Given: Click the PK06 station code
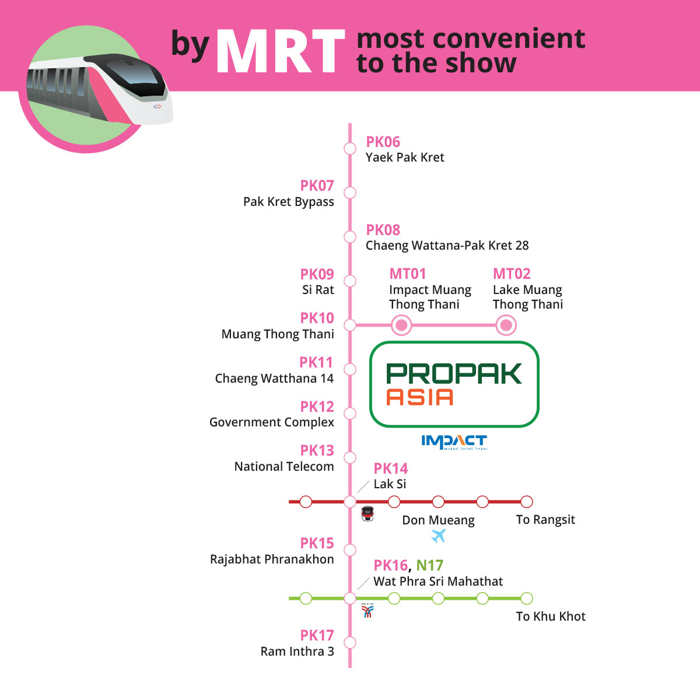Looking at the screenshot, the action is [383, 142].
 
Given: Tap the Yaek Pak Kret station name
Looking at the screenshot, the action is [405, 157].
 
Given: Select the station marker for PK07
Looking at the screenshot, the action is [350, 192].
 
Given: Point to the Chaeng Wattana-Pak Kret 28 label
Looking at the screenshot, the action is [447, 245].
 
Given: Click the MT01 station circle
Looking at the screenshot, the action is [401, 325].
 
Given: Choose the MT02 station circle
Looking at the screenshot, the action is [506, 325].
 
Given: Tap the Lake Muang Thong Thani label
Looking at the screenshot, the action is [528, 297].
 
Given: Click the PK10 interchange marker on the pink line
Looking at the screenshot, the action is [350, 325].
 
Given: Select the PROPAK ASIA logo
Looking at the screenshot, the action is [454, 384].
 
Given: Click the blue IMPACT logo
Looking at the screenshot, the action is [454, 442].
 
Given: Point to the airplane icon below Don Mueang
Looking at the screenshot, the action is [438, 536].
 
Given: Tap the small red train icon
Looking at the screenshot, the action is [367, 514].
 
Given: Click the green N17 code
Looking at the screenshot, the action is [429, 565].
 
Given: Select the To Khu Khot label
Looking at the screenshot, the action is [551, 617].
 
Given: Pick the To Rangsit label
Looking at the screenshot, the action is [545, 520].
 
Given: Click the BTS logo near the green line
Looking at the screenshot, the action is [367, 611].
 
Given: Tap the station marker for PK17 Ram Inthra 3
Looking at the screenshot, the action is [350, 643].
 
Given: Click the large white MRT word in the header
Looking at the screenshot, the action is [280, 51].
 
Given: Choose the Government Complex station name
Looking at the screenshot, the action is [271, 422].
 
